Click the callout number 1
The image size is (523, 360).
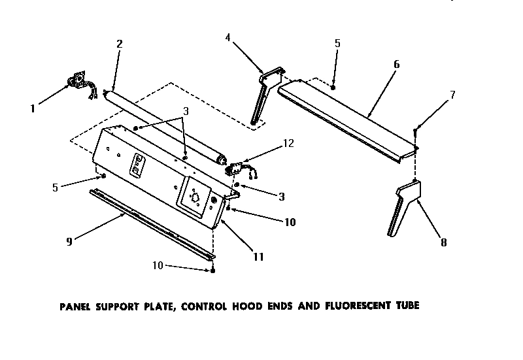pyautogui.click(x=33, y=108)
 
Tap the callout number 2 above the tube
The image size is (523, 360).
pyautogui.click(x=119, y=44)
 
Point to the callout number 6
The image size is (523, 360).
pyautogui.click(x=396, y=64)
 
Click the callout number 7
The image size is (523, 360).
pyautogui.click(x=452, y=95)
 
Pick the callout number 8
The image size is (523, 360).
pyautogui.click(x=443, y=242)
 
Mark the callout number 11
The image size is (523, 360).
pyautogui.click(x=258, y=257)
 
